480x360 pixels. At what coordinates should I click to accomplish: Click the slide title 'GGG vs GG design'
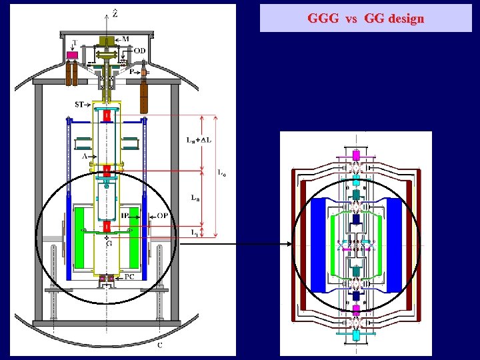[365, 19]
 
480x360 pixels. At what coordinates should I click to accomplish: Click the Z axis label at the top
[116, 12]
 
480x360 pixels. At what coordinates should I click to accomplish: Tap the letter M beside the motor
[125, 39]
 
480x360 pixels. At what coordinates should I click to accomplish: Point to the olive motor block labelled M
[105, 41]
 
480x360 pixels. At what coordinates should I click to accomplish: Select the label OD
[139, 50]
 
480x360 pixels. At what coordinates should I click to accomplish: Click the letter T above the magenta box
[75, 43]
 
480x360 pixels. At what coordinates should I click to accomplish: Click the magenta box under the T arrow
[81, 55]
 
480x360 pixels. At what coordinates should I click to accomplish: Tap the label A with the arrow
[84, 156]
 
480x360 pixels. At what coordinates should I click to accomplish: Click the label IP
[125, 215]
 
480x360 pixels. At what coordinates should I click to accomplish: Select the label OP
[163, 215]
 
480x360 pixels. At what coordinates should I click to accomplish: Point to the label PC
[129, 276]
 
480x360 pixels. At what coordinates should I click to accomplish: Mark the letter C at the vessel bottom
[159, 345]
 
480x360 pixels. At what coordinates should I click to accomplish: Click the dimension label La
[194, 198]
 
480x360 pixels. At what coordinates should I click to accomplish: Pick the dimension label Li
[194, 232]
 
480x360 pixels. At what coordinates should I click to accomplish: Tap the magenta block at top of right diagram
[357, 155]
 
